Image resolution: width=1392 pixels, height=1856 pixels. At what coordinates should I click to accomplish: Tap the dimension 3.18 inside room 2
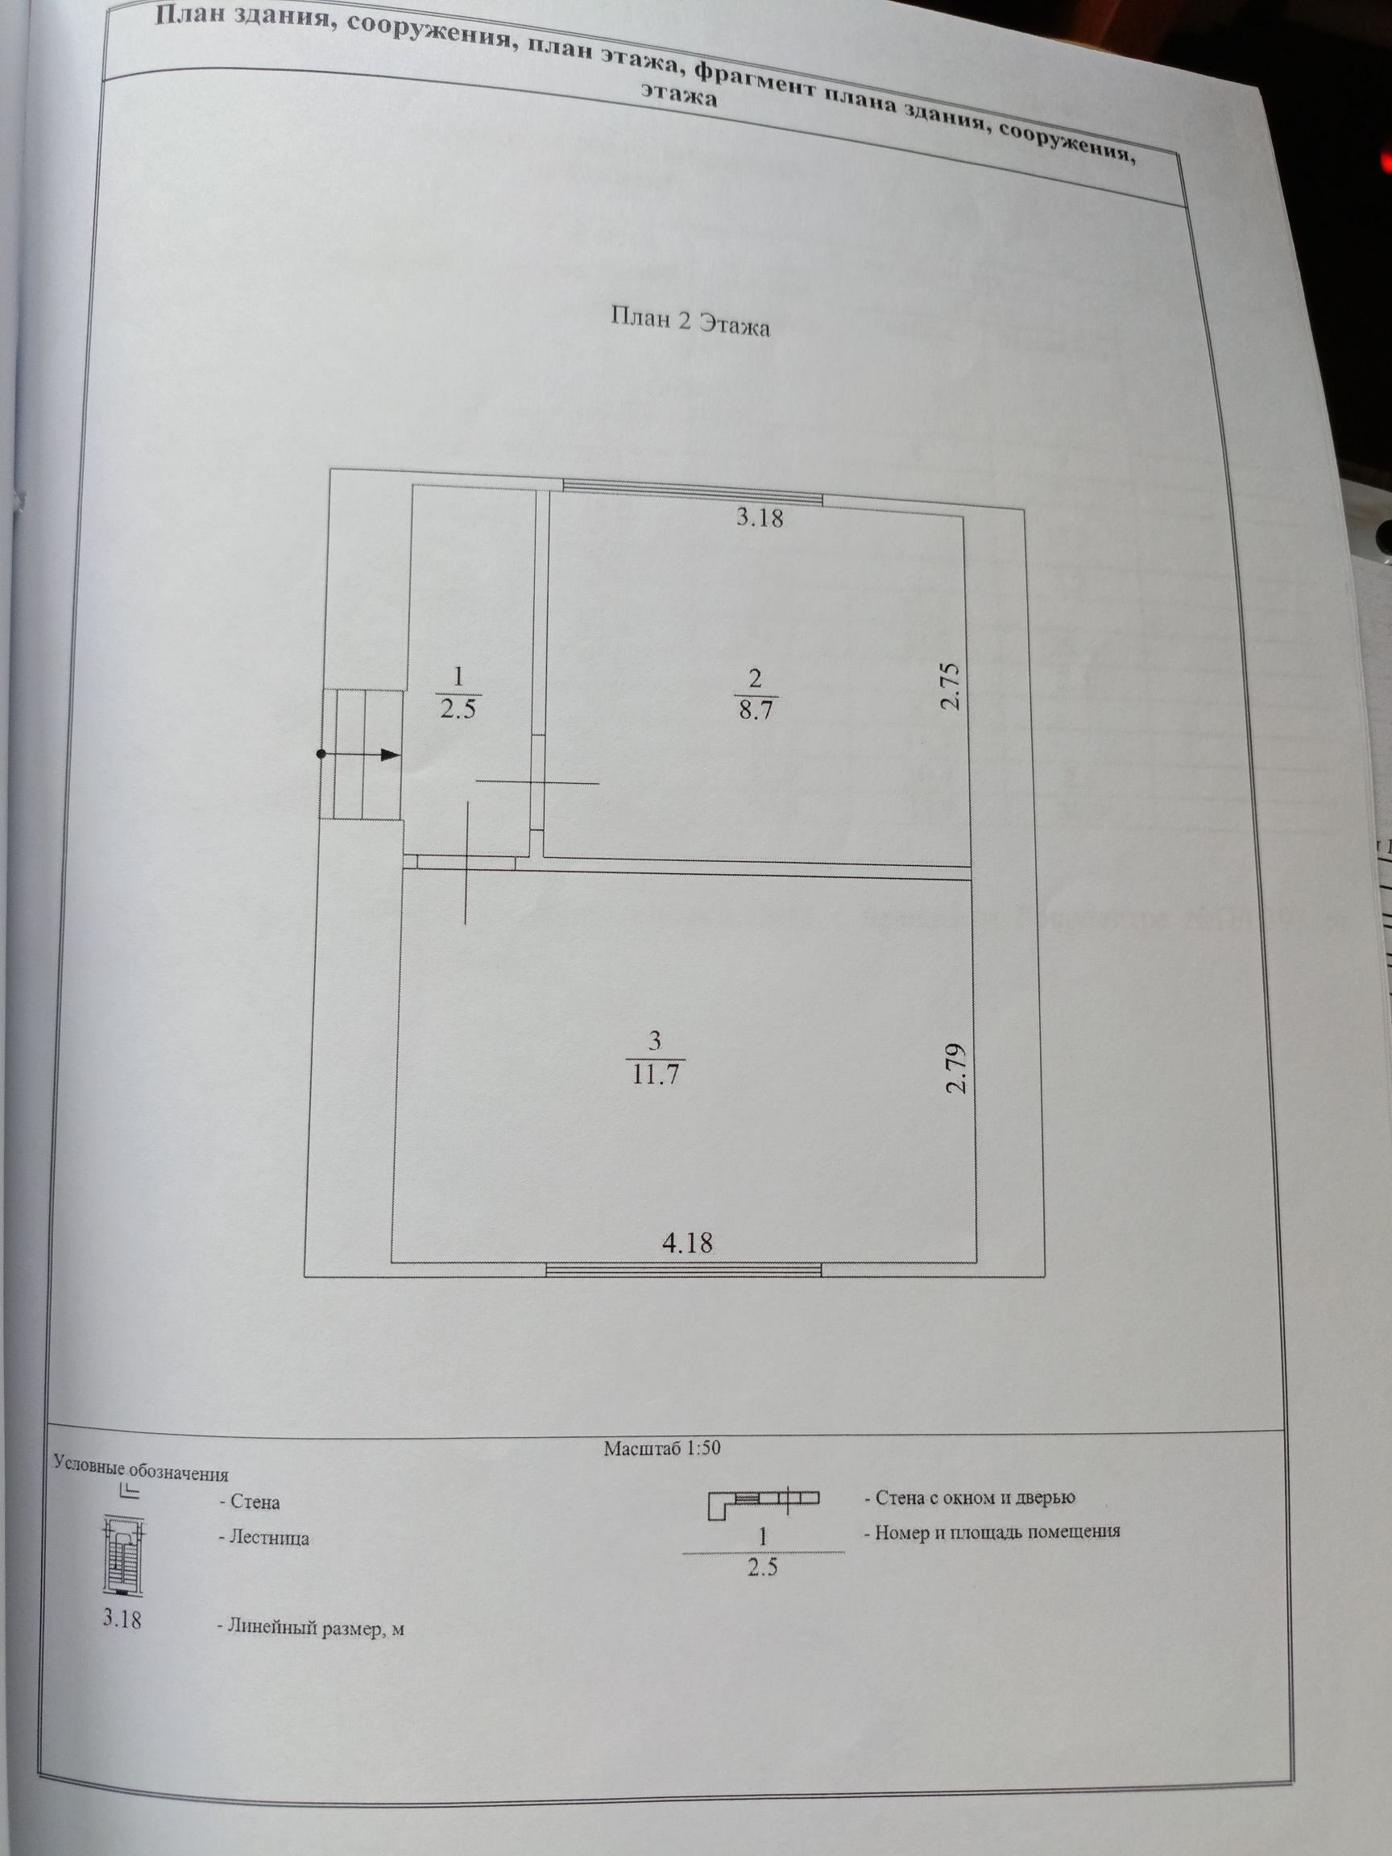[x=760, y=518]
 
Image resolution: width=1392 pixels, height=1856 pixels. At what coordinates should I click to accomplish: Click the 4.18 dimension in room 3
[x=687, y=1241]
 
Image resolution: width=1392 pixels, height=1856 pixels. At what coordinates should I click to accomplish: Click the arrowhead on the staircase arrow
[x=388, y=755]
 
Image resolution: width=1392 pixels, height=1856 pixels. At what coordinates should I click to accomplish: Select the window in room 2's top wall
[x=692, y=495]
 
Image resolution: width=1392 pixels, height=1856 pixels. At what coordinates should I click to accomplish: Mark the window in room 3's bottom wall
[x=683, y=1270]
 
